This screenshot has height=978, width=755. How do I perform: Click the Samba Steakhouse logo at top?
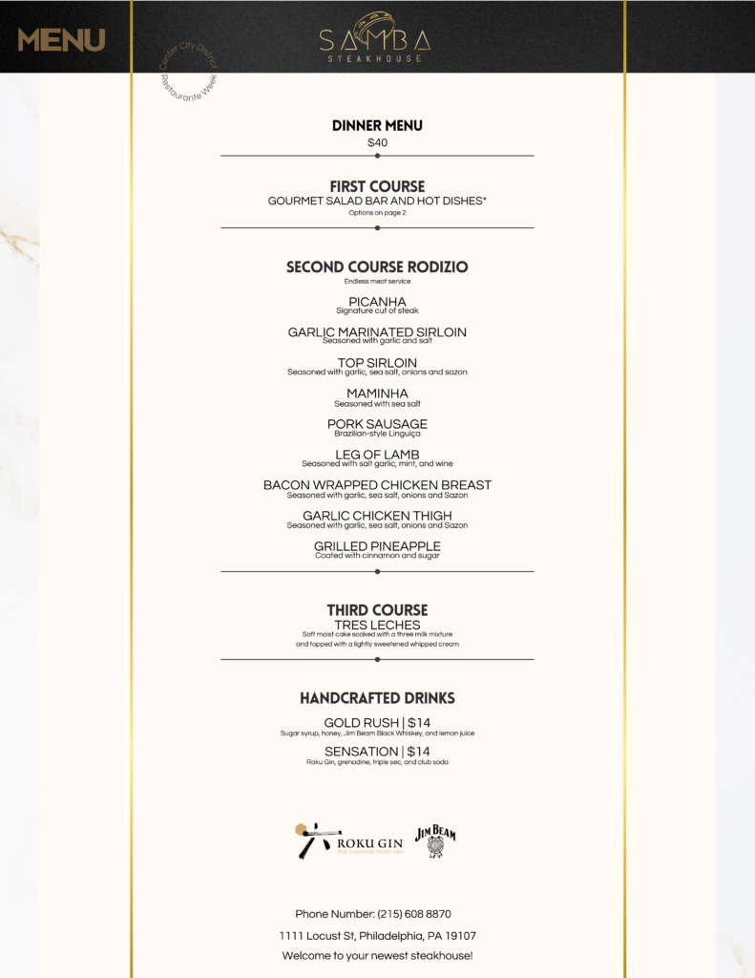pyautogui.click(x=376, y=37)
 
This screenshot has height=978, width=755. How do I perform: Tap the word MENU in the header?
pyautogui.click(x=61, y=40)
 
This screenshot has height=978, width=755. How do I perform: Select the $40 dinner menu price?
pyautogui.click(x=377, y=142)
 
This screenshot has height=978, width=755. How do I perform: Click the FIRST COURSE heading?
pyautogui.click(x=377, y=186)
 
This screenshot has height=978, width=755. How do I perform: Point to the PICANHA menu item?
pyautogui.click(x=377, y=302)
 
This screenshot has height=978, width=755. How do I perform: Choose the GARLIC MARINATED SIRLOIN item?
pyautogui.click(x=377, y=332)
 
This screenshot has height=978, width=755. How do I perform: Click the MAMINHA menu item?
pyautogui.click(x=377, y=393)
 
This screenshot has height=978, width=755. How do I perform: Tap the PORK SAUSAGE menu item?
pyautogui.click(x=377, y=424)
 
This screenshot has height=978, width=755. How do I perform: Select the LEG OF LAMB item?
pyautogui.click(x=377, y=455)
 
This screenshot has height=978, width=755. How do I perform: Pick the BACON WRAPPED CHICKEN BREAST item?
pyautogui.click(x=377, y=485)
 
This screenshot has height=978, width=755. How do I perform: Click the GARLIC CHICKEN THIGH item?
pyautogui.click(x=377, y=516)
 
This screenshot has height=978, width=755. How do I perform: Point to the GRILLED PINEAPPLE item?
pyautogui.click(x=377, y=546)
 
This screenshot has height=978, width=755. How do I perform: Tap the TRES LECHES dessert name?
pyautogui.click(x=377, y=626)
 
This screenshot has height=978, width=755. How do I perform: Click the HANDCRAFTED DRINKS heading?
pyautogui.click(x=377, y=698)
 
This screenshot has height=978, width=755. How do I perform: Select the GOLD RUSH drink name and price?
pyautogui.click(x=377, y=723)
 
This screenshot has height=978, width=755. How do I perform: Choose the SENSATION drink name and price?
pyautogui.click(x=377, y=752)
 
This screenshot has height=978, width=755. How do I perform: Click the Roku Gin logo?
pyautogui.click(x=347, y=840)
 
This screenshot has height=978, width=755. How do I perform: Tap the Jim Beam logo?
pyautogui.click(x=435, y=840)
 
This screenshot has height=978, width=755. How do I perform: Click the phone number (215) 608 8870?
pyautogui.click(x=373, y=914)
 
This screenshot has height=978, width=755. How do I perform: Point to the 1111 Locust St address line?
pyautogui.click(x=377, y=936)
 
